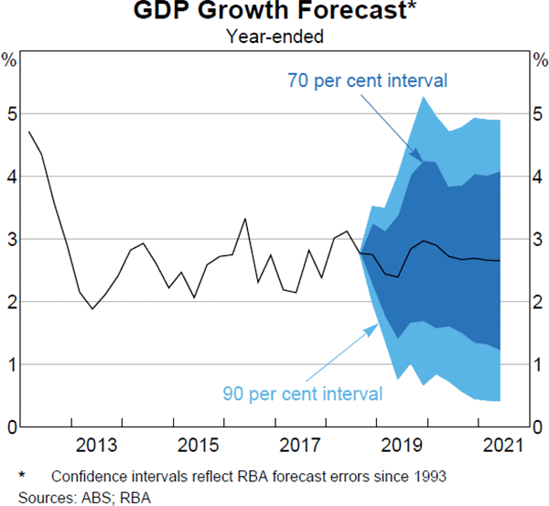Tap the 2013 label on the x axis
coord(97,446)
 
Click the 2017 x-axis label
coord(296,446)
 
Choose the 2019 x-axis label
coord(396,446)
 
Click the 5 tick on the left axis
coord(11,114)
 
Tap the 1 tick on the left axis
coord(11,364)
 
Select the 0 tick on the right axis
coord(538,426)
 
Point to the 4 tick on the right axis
coord(538,178)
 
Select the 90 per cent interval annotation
coord(302,393)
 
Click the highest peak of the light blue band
coord(424,96)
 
